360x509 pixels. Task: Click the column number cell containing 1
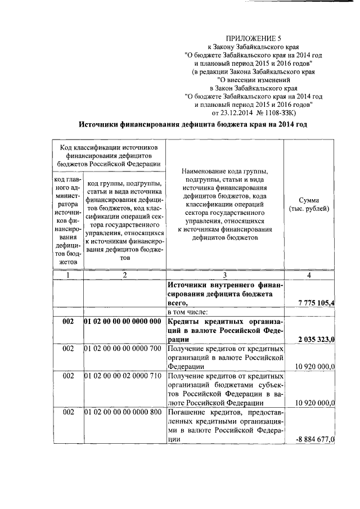[x=67, y=275]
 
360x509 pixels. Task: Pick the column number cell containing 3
[x=224, y=275]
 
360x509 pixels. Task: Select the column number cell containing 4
[x=309, y=275]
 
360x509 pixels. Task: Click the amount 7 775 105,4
[x=316, y=303]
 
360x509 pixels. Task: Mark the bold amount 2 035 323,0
[x=316, y=339]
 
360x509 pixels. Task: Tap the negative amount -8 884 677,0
[x=315, y=439]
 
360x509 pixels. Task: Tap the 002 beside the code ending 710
[x=68, y=375]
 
